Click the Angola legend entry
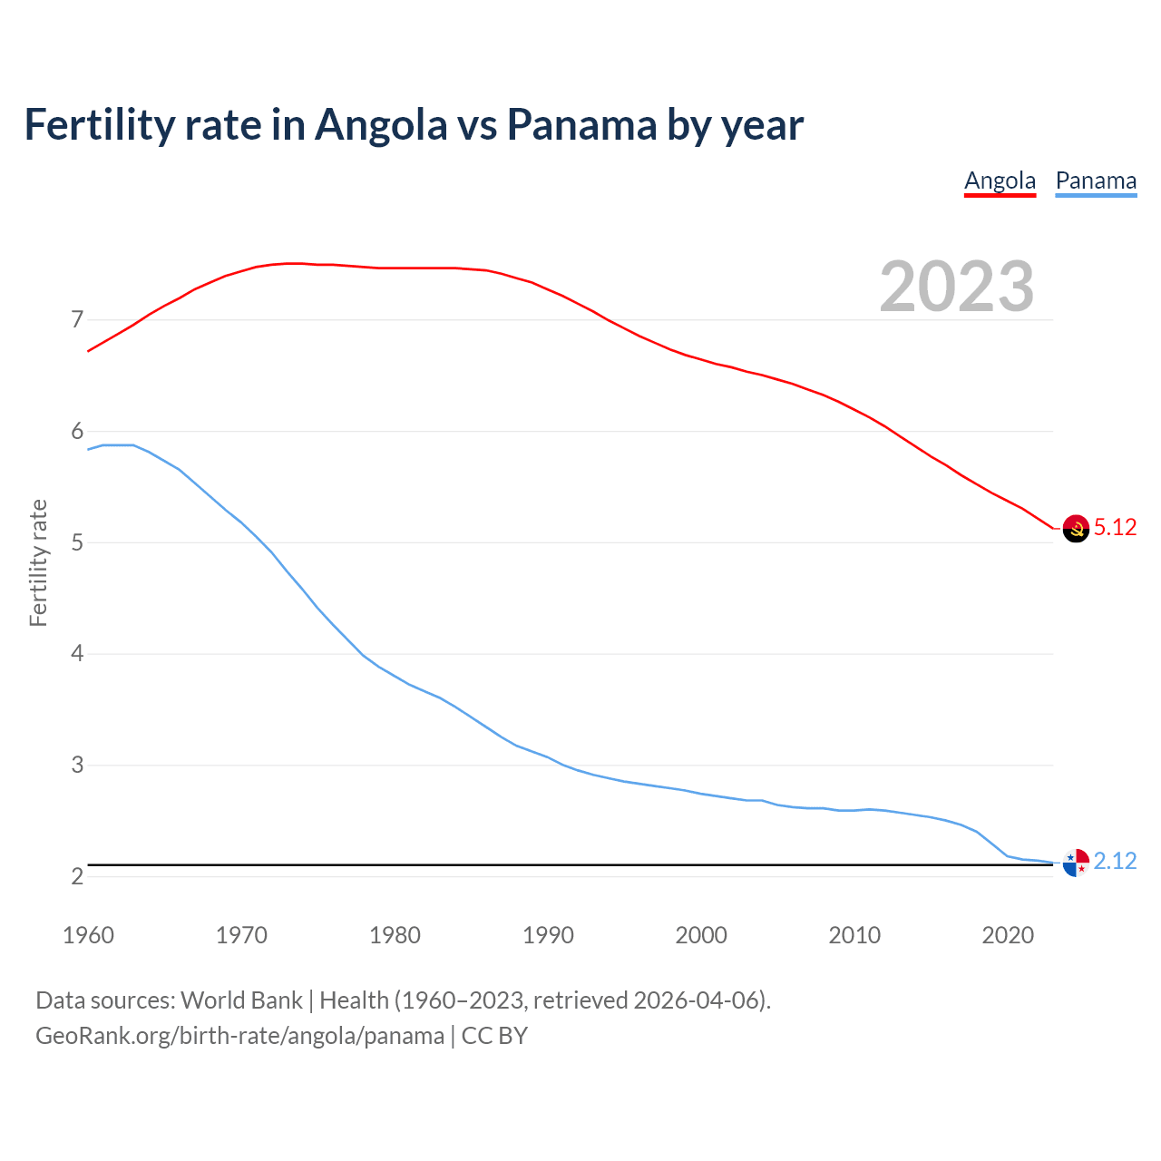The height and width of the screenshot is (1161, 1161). (1000, 180)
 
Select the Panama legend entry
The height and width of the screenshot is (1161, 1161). (1096, 180)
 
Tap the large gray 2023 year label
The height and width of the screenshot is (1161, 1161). (957, 287)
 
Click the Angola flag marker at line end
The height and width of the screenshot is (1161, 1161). (1076, 528)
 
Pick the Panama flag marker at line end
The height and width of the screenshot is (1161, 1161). (1076, 863)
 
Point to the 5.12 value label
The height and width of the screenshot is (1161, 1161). (1115, 527)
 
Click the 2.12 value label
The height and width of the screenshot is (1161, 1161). (1115, 861)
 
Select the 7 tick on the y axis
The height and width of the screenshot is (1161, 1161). (76, 320)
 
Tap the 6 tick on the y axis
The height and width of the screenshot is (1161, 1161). (76, 432)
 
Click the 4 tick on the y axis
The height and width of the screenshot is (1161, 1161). (76, 654)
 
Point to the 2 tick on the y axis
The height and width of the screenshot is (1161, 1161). (76, 877)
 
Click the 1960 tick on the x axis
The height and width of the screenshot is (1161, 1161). (88, 935)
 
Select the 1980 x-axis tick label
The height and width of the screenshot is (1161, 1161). (395, 935)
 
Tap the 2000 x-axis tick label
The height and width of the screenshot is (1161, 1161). (701, 935)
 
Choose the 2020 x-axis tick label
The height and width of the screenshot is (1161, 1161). (1008, 935)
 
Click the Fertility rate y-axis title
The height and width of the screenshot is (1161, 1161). (38, 562)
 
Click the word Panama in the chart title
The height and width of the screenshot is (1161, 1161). (581, 124)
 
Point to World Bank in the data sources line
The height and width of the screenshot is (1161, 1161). (241, 1000)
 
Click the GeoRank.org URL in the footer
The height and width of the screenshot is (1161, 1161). (239, 1036)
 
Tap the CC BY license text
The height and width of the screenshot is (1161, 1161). (494, 1036)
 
